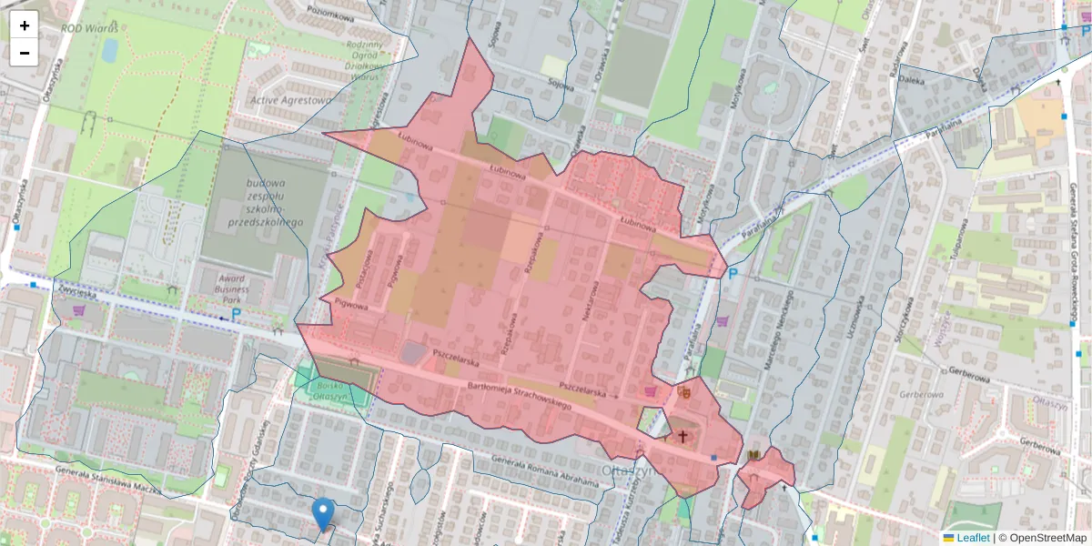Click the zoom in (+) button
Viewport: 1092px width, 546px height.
(25, 25)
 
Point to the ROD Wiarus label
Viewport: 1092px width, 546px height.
(89, 27)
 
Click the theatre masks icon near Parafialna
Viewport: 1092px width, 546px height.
(684, 392)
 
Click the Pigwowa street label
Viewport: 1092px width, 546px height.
(351, 306)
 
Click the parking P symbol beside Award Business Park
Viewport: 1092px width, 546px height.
(237, 315)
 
